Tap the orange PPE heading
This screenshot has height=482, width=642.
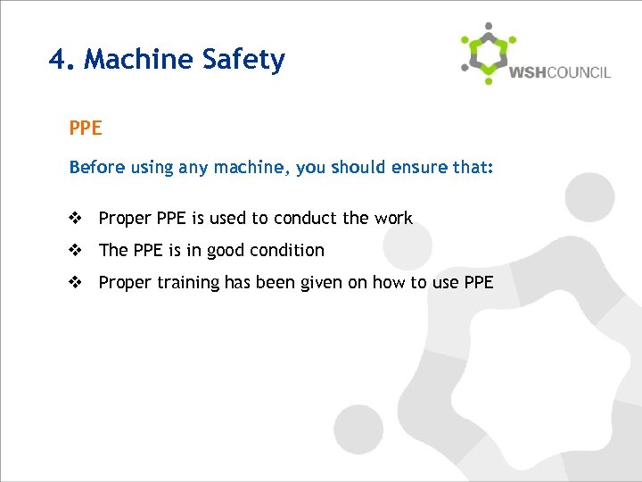pos(86,129)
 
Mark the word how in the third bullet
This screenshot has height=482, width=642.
pos(389,283)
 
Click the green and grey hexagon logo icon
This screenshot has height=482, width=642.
pos(487,53)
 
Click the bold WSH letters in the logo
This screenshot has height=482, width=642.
pos(529,72)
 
